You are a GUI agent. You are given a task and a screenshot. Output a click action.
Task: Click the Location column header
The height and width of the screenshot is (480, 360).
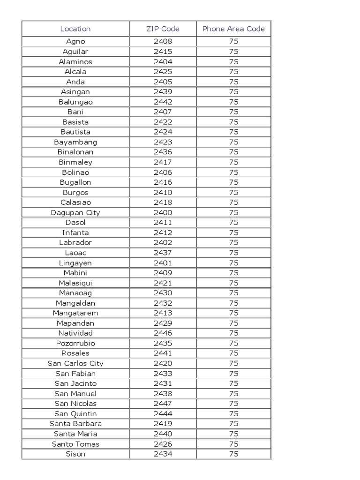click(x=75, y=29)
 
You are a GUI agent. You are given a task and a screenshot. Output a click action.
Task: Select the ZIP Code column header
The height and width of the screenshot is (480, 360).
click(x=163, y=29)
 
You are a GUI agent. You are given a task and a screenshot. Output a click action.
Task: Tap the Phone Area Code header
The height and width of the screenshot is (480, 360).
click(x=233, y=29)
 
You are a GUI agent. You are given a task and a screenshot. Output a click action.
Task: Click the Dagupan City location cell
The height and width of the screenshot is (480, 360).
click(x=75, y=212)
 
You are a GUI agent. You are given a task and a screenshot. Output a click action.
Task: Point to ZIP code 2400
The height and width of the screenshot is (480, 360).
click(x=163, y=212)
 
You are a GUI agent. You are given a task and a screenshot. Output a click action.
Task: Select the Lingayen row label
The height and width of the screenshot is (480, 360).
click(x=75, y=262)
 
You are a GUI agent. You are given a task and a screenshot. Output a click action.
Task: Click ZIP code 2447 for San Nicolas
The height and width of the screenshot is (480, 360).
click(x=163, y=404)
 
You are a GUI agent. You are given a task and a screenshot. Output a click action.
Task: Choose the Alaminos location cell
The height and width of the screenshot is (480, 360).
click(x=75, y=61)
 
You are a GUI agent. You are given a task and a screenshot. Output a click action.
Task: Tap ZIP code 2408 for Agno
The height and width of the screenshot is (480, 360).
click(x=163, y=41)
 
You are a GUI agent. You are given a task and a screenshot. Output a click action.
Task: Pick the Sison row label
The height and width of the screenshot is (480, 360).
click(x=75, y=454)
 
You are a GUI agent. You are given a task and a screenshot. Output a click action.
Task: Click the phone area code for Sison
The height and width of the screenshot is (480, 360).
click(x=233, y=454)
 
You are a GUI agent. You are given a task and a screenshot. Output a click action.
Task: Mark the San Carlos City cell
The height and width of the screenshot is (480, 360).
click(x=75, y=363)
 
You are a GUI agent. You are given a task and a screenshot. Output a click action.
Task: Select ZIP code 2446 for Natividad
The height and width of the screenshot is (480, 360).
click(x=163, y=333)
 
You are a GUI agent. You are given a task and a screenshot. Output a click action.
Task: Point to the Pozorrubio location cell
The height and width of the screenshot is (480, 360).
click(x=75, y=343)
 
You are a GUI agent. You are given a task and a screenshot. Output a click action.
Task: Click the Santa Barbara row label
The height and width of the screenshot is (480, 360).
click(x=75, y=424)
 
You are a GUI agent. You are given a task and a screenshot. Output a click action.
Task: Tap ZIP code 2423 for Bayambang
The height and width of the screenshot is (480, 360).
click(x=163, y=142)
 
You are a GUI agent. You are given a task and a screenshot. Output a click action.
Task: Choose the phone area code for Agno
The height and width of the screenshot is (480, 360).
click(x=233, y=41)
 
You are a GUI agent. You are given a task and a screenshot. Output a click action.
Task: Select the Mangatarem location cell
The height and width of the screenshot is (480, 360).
click(x=75, y=313)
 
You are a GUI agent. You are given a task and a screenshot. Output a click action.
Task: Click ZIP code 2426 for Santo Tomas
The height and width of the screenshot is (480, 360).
click(x=163, y=444)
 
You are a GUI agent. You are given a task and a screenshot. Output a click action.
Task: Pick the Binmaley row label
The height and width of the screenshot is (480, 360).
click(x=75, y=162)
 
